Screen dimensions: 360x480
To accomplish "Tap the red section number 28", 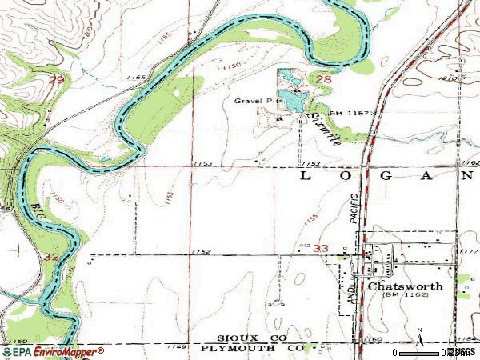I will point(323,80).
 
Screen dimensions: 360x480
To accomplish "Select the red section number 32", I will point(53,257).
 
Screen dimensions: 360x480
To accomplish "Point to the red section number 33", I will point(322,250).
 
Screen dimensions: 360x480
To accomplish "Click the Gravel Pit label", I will point(254,102).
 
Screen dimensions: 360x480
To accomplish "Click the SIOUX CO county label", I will point(246,339).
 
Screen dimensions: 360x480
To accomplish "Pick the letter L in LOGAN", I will point(304,174).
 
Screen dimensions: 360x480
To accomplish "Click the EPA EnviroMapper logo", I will point(53,351).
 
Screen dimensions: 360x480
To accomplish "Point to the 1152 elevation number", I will point(202,252).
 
